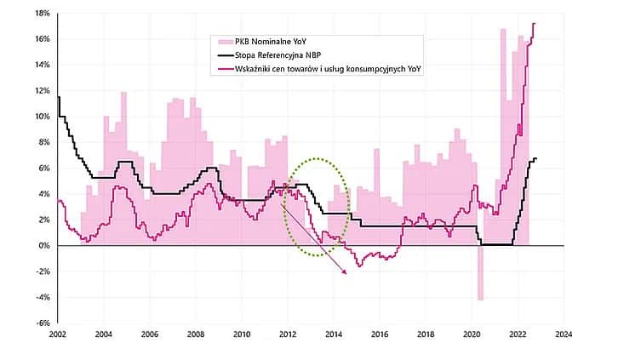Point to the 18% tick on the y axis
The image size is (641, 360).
(43, 14)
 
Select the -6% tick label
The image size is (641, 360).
(43, 323)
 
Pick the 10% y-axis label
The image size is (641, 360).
(43, 117)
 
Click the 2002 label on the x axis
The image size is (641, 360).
(58, 335)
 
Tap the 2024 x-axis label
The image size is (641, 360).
(563, 335)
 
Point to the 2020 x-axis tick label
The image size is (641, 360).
(471, 335)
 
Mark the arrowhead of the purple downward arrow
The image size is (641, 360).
(345, 272)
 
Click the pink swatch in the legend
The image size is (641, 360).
(224, 41)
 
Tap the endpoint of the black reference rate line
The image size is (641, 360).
(537, 159)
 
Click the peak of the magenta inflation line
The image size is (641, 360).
(535, 23)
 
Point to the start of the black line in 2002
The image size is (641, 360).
(58, 97)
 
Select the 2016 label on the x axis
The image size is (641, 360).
(380, 335)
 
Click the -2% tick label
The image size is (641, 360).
(43, 271)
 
